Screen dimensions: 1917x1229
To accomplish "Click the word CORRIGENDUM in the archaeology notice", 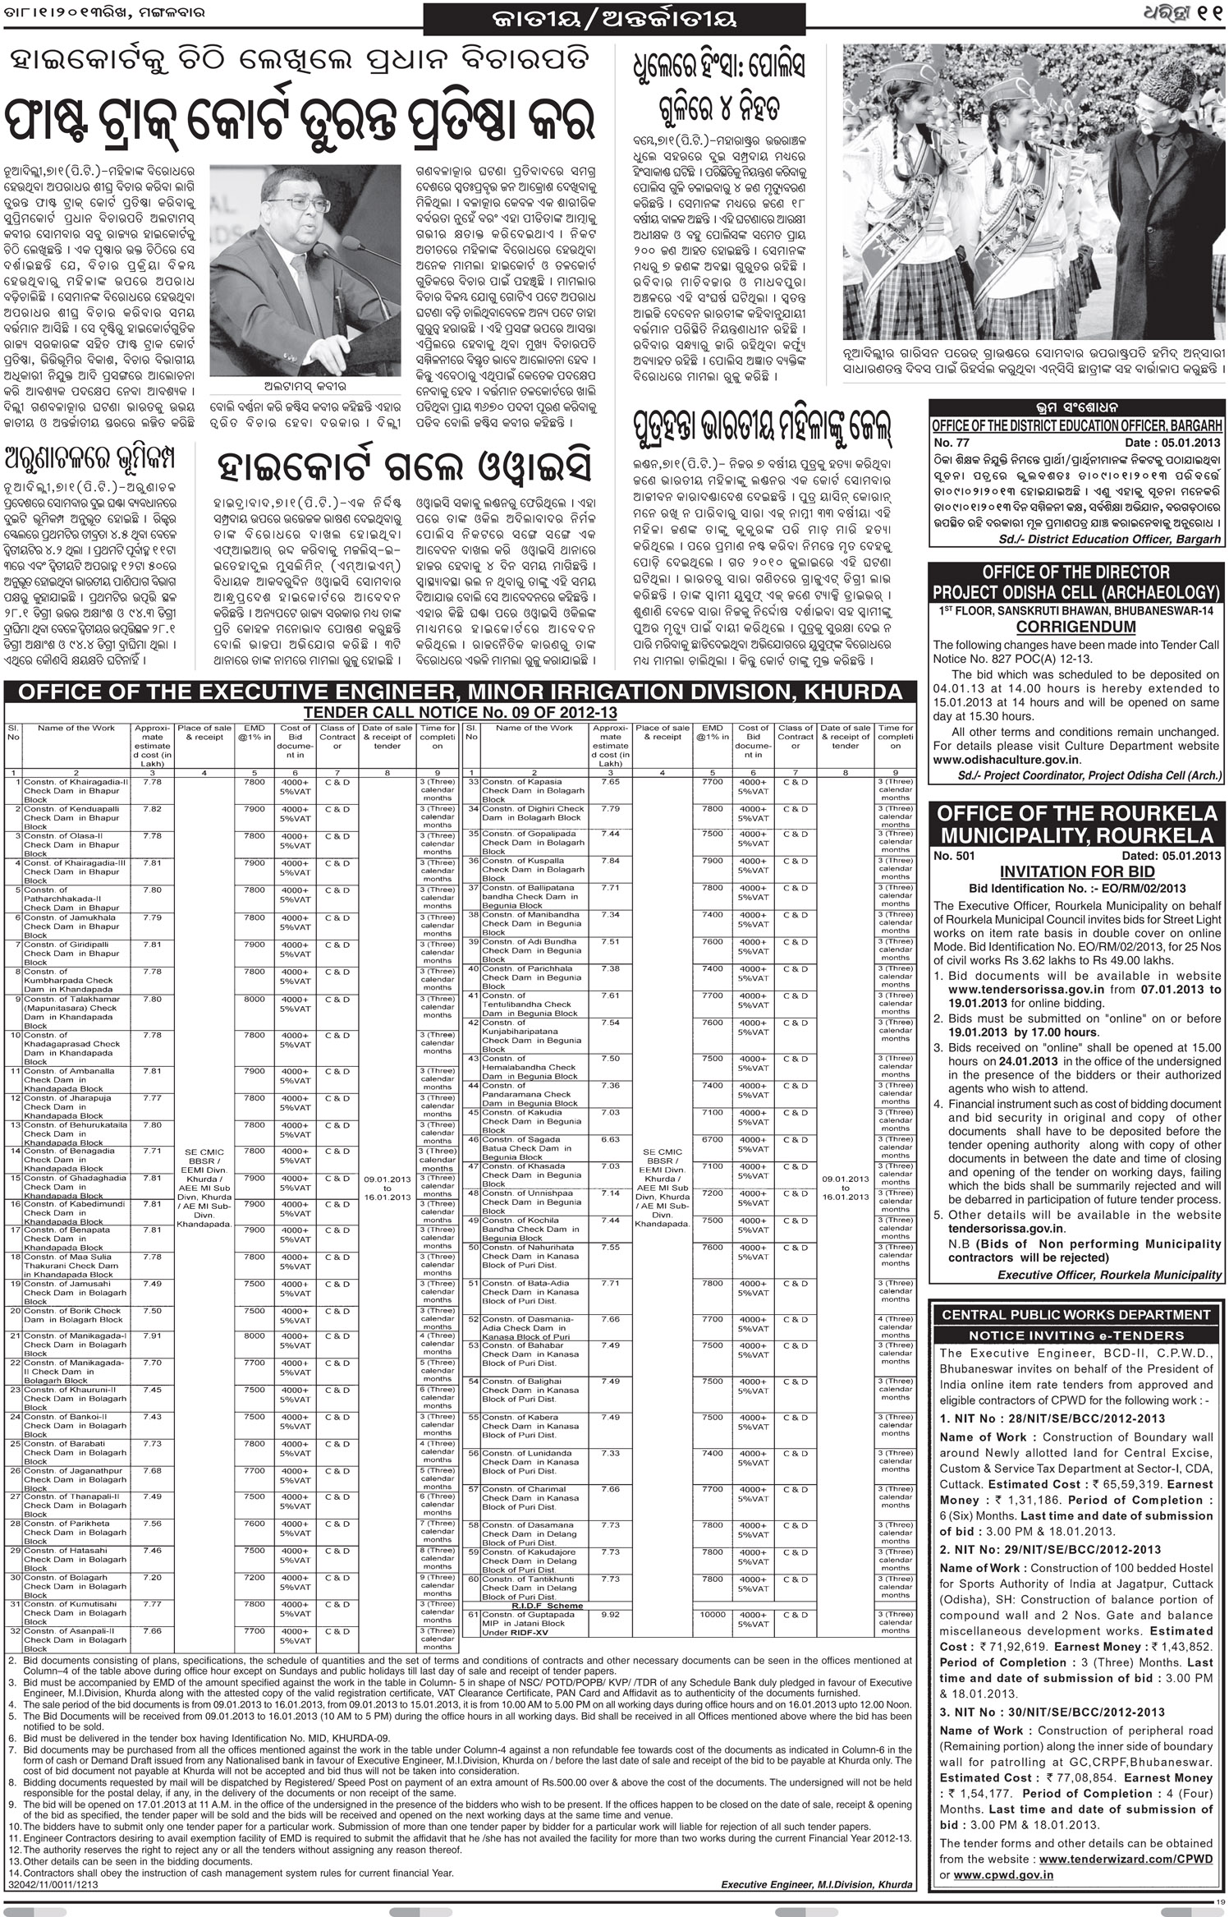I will click(x=1075, y=628).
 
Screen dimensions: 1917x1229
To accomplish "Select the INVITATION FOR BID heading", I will click(x=1077, y=872).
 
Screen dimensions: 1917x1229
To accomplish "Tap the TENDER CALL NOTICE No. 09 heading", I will click(x=460, y=713).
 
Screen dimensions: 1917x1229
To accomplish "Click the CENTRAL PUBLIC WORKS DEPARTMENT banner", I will click(x=1075, y=1315).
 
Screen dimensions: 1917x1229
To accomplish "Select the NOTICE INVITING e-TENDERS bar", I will click(x=1075, y=1335).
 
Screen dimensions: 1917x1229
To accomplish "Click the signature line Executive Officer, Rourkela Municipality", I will click(x=1109, y=1275).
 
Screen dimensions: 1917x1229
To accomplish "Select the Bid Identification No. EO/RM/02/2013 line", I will click(x=1077, y=889).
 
